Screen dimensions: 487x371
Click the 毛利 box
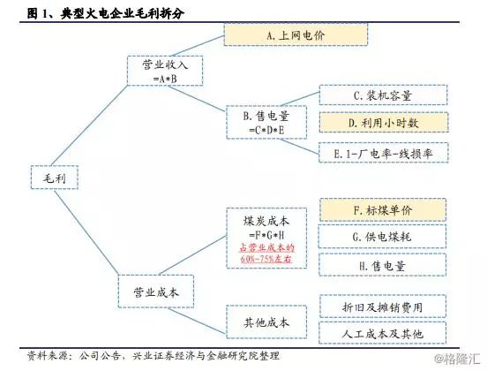tap(55, 178)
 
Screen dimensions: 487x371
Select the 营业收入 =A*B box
tap(165, 71)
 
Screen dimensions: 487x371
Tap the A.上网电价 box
tap(296, 34)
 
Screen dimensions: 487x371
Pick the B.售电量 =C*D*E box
tap(266, 122)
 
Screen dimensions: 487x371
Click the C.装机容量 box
tap(383, 95)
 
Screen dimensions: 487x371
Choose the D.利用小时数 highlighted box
tap(384, 123)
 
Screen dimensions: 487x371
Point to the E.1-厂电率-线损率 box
tap(384, 153)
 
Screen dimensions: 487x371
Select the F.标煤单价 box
tap(383, 210)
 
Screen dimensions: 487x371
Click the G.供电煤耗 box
tap(382, 237)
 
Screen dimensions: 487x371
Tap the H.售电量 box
tap(382, 265)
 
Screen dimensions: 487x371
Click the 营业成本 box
tap(156, 291)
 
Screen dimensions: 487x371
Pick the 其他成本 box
tap(266, 322)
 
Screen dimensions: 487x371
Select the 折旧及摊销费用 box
tap(383, 307)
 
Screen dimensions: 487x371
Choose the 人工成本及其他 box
tap(383, 333)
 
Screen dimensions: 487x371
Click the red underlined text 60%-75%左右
tap(266, 259)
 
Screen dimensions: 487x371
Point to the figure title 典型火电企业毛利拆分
tap(123, 13)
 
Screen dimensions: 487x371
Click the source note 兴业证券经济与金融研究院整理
tap(206, 355)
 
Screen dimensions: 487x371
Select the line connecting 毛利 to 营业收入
tap(89, 125)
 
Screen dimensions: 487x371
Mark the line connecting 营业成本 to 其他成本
tap(197, 321)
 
